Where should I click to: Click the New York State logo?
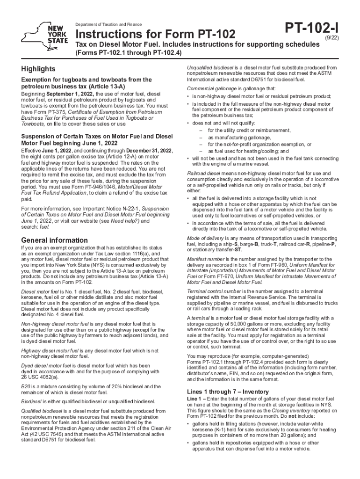point(45,34)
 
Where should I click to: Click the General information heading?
point(55,240)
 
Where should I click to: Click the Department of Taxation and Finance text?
point(108,24)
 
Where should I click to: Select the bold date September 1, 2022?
point(71,94)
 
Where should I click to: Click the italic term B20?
point(27,386)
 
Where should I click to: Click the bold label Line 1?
point(194,398)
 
